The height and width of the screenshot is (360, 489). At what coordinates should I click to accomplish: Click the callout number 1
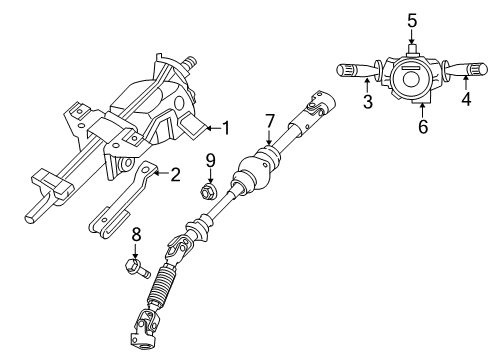(227, 127)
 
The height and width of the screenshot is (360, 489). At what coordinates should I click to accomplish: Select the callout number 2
(176, 176)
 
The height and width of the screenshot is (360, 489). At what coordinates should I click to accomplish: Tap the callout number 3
(368, 101)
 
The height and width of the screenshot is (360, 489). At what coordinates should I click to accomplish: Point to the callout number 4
(466, 101)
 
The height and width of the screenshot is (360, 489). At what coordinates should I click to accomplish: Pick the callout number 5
(411, 20)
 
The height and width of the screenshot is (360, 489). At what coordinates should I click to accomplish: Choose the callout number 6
(421, 126)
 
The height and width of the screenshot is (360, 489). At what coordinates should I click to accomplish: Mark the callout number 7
(269, 122)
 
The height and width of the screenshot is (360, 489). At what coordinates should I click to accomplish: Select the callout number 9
(210, 159)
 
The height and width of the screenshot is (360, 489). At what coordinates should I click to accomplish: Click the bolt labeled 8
(137, 268)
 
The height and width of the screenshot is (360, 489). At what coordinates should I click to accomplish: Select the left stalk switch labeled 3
(351, 71)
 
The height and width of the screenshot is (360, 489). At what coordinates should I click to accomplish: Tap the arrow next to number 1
(208, 127)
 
